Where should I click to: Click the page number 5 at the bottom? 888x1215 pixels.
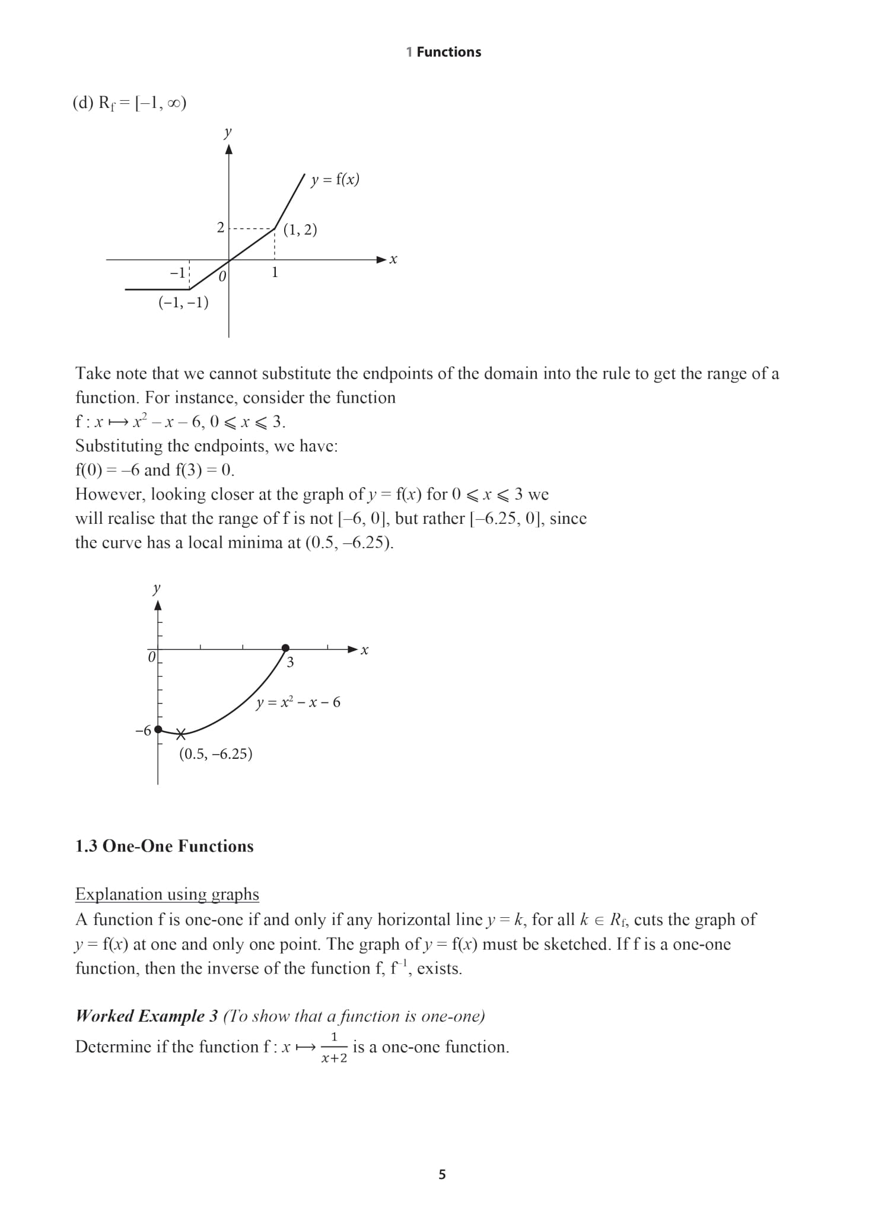coord(442,1174)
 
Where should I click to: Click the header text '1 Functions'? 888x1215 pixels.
coord(444,52)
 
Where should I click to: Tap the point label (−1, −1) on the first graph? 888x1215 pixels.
coord(183,303)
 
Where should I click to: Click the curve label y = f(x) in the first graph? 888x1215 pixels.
coord(335,179)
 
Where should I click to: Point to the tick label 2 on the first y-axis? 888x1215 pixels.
coord(221,228)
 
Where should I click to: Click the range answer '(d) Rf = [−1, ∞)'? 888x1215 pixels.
coord(130,103)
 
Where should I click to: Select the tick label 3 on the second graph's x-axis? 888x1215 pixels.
coord(290,663)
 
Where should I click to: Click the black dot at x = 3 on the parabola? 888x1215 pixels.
coord(285,648)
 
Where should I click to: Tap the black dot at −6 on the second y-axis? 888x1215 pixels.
coord(158,730)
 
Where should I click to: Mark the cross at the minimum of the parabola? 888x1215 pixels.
coord(181,734)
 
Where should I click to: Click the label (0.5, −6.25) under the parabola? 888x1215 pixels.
coord(216,754)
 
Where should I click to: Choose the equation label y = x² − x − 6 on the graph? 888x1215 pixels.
coord(298,703)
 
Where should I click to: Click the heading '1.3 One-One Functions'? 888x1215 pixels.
coord(164,846)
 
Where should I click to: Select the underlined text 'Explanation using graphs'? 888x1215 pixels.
coord(167,894)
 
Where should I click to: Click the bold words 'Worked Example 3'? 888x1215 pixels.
coord(147,1016)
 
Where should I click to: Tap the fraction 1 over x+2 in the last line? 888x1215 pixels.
coord(334,1047)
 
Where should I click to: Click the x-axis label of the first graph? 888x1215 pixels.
coord(393,260)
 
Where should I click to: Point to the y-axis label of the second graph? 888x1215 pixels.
coord(157,589)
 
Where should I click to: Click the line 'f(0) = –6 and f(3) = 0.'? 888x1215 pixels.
coord(155,470)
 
